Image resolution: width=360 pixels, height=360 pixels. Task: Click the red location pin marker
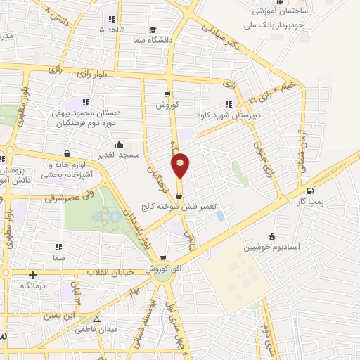pos(181,165)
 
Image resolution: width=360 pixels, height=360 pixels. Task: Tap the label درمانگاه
pos(33,285)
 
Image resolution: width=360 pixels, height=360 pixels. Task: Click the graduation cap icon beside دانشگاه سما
pos(153,30)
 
